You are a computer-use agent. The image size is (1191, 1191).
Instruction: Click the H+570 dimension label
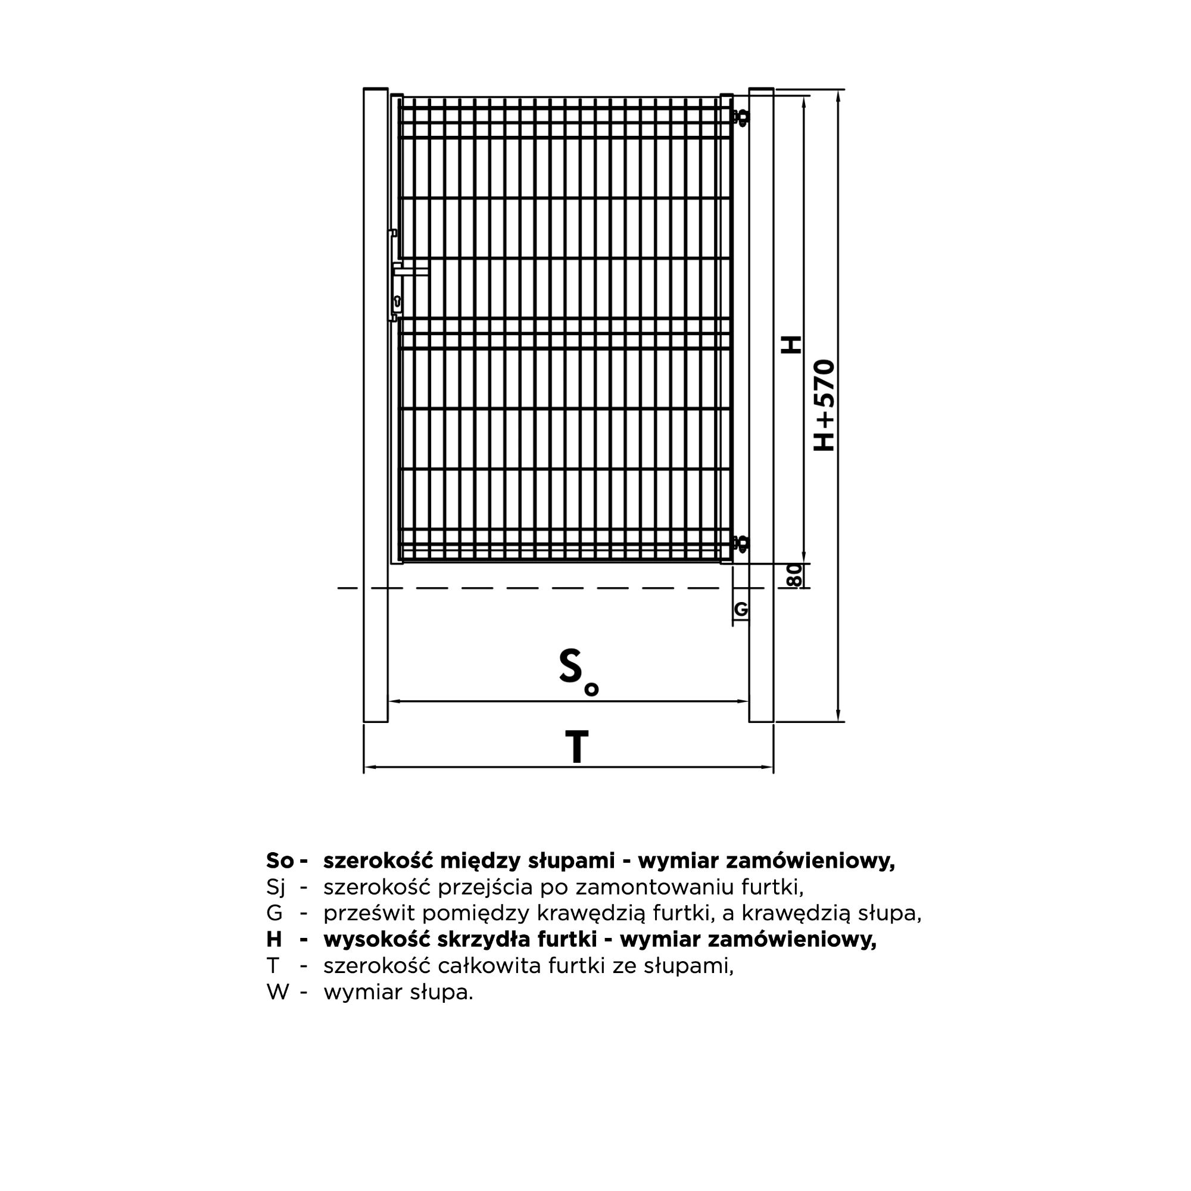click(x=824, y=405)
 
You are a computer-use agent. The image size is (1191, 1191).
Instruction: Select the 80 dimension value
click(x=795, y=575)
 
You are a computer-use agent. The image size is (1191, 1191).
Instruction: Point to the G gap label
click(x=741, y=610)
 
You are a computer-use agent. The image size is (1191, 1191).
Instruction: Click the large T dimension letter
click(x=576, y=747)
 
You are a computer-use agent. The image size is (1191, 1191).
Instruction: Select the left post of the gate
click(x=375, y=404)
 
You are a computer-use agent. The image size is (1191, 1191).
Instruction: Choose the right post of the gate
click(x=761, y=404)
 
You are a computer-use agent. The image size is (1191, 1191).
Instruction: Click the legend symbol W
click(x=278, y=992)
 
